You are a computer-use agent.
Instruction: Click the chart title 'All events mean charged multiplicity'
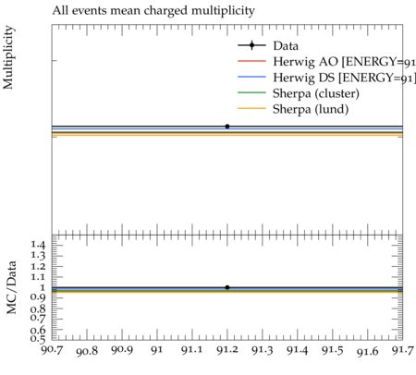[153, 11]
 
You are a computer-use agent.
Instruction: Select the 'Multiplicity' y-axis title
[8, 57]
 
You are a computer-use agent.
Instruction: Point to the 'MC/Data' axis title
[11, 287]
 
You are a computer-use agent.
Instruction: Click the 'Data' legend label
[286, 46]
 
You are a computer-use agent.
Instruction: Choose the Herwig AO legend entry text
[345, 62]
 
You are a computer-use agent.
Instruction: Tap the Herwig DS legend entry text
[345, 78]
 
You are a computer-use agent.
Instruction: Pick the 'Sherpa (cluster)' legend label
[316, 93]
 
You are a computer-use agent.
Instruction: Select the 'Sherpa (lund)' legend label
[311, 109]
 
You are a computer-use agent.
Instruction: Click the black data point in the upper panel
[227, 127]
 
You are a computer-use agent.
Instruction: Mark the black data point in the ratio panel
[227, 287]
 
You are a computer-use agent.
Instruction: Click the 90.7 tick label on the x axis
[52, 350]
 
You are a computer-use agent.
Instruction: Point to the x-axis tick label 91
[157, 350]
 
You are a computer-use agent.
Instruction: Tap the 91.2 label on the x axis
[227, 350]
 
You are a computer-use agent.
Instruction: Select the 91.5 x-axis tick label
[333, 350]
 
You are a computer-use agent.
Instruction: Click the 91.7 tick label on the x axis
[402, 350]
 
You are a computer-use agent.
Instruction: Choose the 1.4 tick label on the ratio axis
[38, 245]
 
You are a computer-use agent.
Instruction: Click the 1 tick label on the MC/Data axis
[43, 287]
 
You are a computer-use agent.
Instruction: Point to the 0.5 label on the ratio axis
[38, 339]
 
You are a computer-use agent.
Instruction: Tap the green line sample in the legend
[251, 92]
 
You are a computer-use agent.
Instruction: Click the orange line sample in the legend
[251, 108]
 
